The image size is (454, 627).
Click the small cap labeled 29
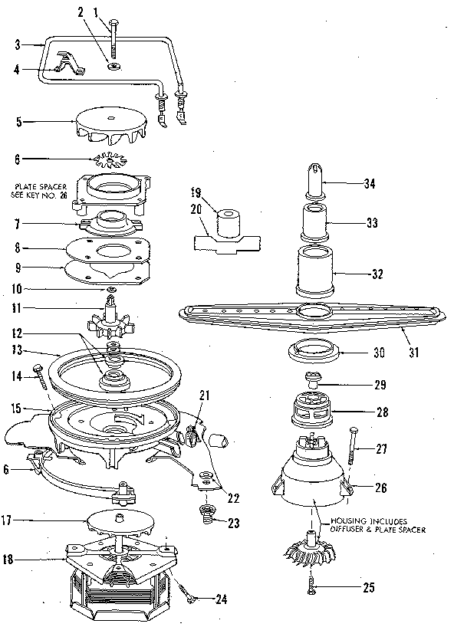click(315, 379)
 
